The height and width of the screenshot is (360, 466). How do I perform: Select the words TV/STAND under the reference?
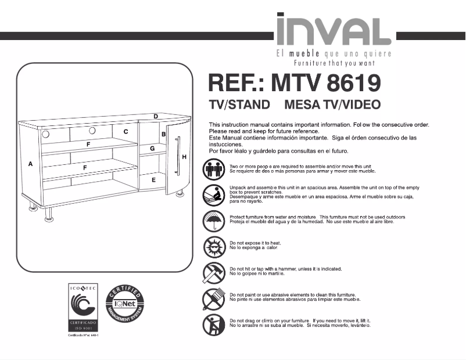click(x=239, y=105)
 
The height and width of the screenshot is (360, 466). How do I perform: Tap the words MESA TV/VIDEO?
click(x=333, y=105)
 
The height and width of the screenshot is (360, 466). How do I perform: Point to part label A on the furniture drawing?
click(x=30, y=164)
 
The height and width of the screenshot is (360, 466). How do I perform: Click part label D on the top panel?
click(x=156, y=117)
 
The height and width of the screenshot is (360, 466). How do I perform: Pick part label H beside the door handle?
click(x=184, y=157)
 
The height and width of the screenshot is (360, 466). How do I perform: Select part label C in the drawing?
click(x=126, y=132)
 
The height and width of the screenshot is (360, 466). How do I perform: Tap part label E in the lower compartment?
click(x=153, y=181)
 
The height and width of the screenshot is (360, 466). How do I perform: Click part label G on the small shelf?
click(x=152, y=149)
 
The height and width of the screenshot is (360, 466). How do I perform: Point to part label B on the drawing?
click(x=164, y=135)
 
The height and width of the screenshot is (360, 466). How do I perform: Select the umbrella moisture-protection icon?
click(x=213, y=220)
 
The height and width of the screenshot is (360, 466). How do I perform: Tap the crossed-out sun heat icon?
click(x=213, y=246)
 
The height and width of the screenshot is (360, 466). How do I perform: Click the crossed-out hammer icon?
click(x=213, y=272)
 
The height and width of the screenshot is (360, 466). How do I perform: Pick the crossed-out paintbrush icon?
click(x=213, y=298)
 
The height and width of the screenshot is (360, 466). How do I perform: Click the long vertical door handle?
click(x=179, y=156)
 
